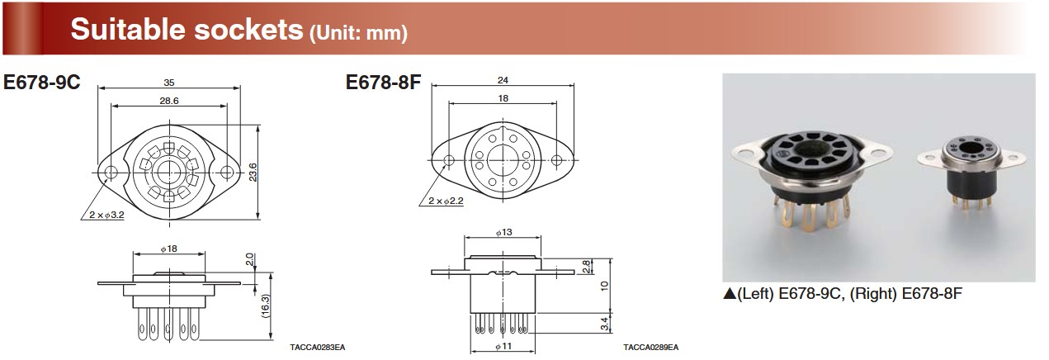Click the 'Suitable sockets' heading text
[x=187, y=29]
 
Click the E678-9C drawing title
[x=41, y=82]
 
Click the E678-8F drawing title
[x=383, y=82]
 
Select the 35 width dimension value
[x=169, y=83]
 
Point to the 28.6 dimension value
[x=169, y=101]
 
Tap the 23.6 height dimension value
[x=253, y=172]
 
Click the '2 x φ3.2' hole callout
[x=106, y=215]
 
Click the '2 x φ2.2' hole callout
[x=446, y=201]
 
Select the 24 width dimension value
[x=503, y=80]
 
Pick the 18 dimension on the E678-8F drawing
[x=503, y=98]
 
